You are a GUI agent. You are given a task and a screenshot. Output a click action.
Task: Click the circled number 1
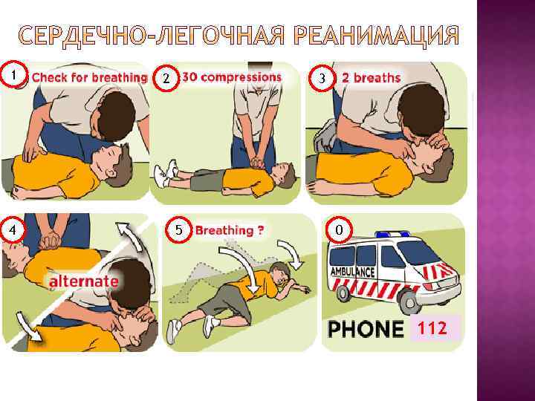click(13, 74)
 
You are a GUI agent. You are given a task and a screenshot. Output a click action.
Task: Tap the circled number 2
click(166, 78)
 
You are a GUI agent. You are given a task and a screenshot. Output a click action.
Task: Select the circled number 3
click(322, 78)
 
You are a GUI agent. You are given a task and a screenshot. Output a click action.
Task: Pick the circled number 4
click(13, 229)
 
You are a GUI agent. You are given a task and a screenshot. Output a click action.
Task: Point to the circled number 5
click(179, 229)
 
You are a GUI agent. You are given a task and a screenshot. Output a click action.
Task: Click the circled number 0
click(339, 229)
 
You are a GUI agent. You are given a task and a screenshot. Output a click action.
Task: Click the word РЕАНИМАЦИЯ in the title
click(376, 36)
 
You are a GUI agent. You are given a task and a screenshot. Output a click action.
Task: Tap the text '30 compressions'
click(232, 77)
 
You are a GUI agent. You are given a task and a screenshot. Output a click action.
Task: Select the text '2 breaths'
click(371, 78)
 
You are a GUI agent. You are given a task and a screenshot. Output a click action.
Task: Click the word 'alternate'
click(84, 281)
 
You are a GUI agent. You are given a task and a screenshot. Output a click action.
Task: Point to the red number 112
click(432, 327)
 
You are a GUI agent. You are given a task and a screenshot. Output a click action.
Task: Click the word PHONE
click(366, 329)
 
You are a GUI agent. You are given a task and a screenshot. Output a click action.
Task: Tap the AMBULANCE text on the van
click(352, 272)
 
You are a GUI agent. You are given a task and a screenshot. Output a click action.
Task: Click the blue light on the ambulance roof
click(393, 234)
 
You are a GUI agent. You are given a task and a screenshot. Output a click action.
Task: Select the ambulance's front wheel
click(409, 301)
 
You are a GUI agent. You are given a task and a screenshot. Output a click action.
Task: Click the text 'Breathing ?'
click(230, 230)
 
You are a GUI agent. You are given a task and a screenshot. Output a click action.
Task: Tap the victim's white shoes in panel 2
click(166, 173)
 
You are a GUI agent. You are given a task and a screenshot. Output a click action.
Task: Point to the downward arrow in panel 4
click(29, 326)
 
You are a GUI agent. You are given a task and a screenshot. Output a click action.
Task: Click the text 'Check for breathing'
click(89, 77)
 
